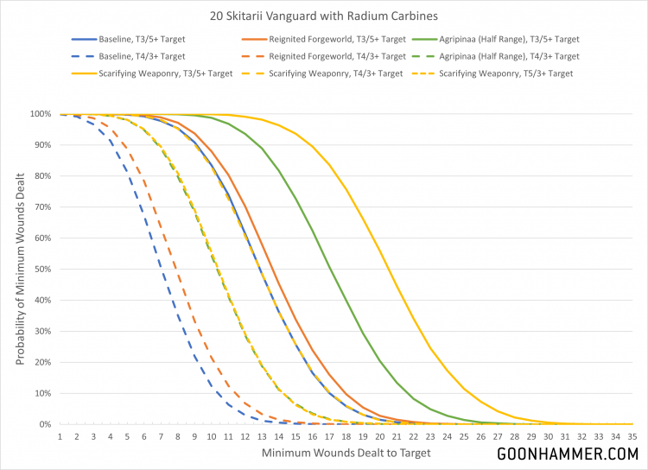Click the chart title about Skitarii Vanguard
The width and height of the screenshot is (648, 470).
[324, 16]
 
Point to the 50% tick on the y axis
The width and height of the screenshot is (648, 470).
[41, 269]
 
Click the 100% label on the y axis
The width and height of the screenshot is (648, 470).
[39, 114]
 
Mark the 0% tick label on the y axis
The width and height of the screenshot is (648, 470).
[43, 424]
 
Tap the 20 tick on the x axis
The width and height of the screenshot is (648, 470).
[380, 436]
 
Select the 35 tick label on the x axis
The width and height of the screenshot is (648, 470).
[632, 436]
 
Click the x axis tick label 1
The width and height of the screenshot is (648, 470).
[60, 436]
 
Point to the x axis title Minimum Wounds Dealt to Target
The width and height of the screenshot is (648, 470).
[346, 452]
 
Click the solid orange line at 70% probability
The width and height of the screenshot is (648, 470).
[245, 206]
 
